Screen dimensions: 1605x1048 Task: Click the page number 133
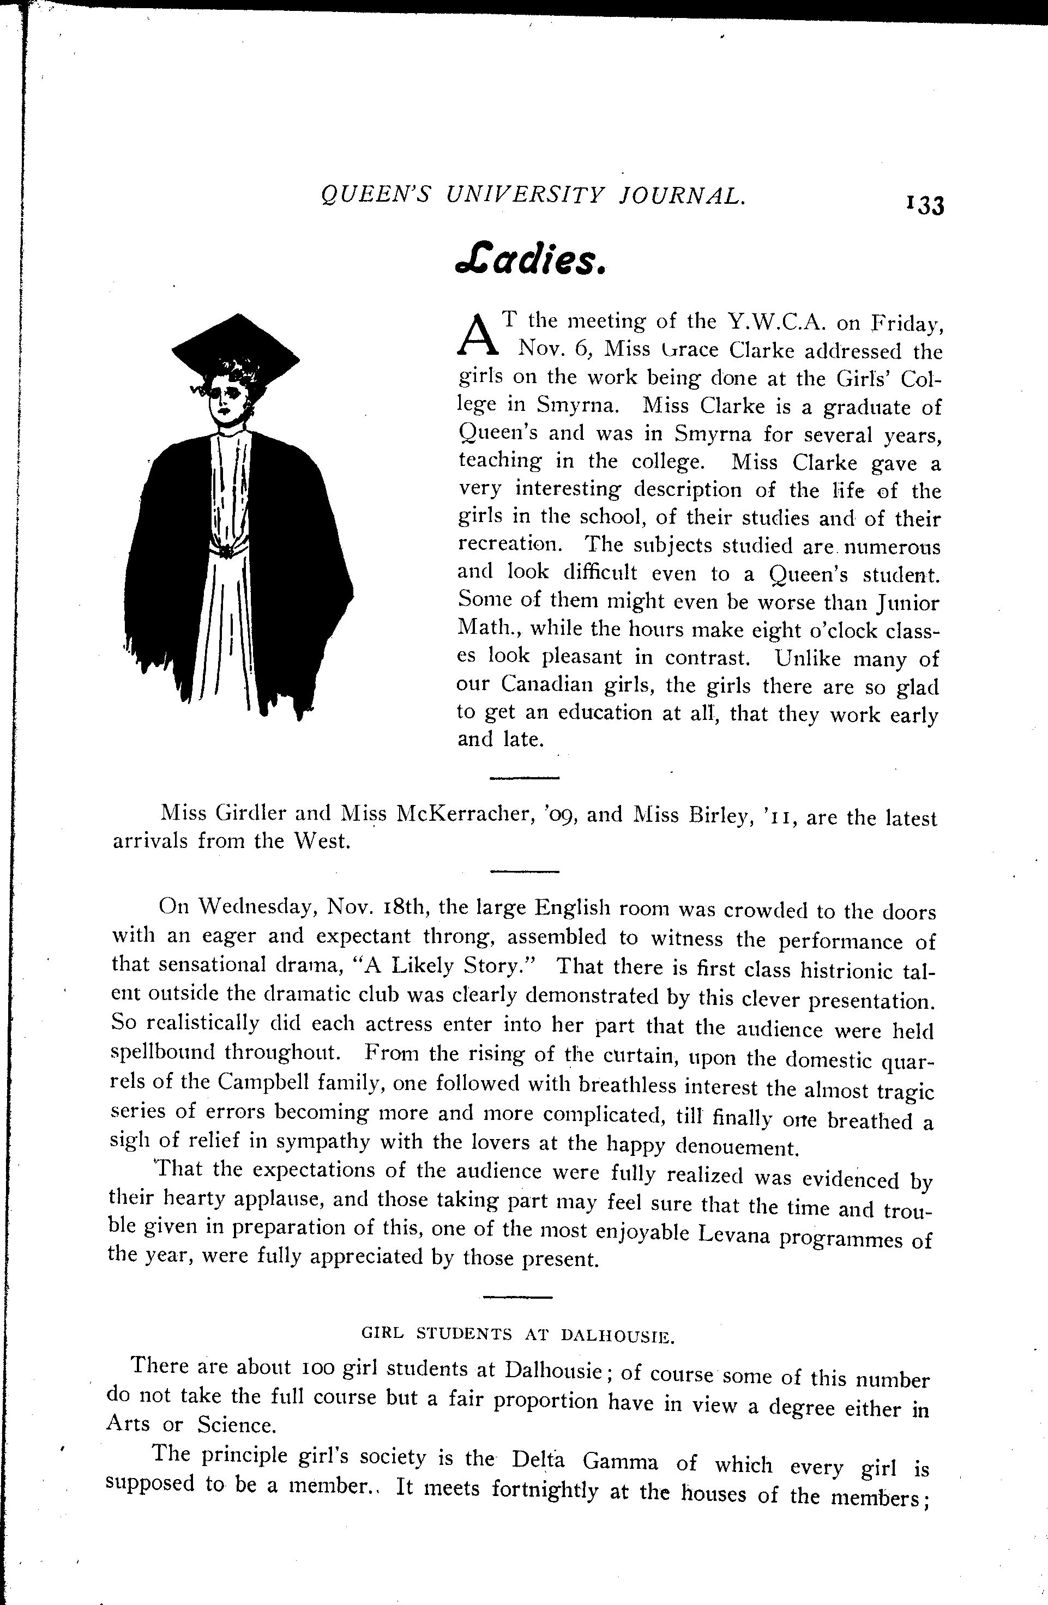tap(926, 205)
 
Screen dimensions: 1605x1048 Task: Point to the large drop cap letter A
tap(477, 335)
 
